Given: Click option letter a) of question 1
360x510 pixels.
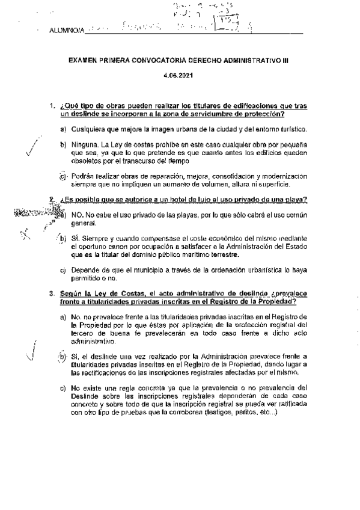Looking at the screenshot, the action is pos(63,129).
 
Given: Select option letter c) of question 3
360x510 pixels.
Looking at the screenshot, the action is pos(63,388).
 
